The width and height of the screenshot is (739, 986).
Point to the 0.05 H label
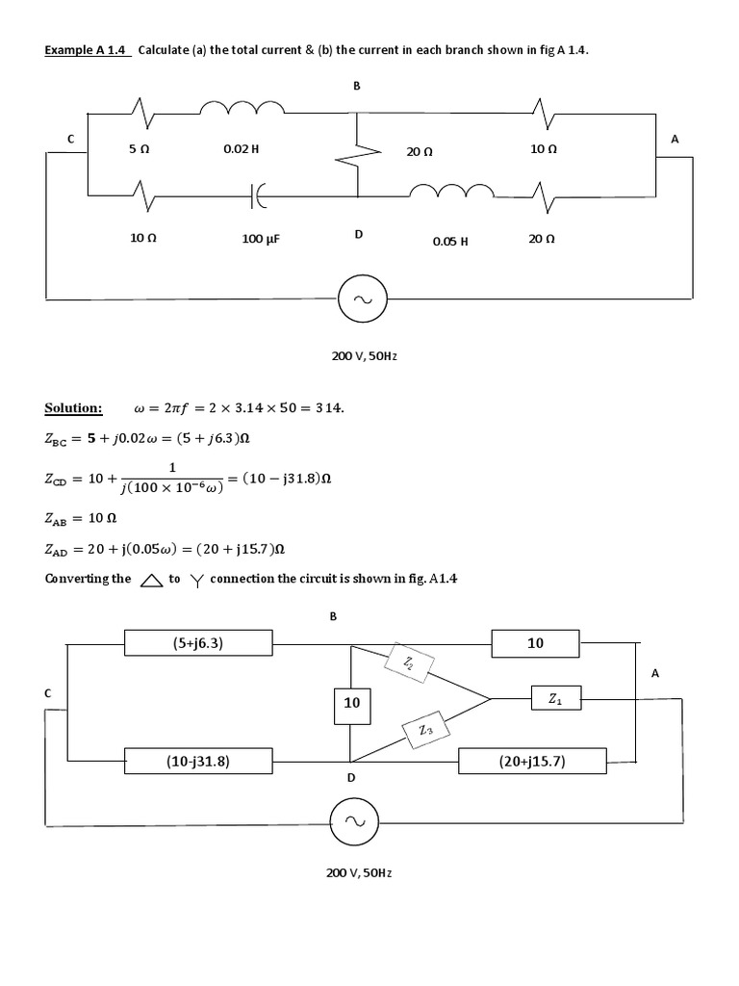[450, 242]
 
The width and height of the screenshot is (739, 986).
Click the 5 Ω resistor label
[140, 150]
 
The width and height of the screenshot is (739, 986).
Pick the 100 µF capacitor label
[261, 238]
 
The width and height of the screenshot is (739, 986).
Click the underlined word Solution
[73, 408]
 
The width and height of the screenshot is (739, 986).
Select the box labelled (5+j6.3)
[198, 642]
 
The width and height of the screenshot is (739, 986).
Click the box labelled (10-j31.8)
[198, 762]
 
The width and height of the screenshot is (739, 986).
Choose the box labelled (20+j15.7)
[532, 762]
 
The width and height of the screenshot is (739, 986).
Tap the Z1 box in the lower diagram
[555, 700]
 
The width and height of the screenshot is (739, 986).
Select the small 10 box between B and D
[351, 704]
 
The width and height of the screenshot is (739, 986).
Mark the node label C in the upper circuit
[70, 140]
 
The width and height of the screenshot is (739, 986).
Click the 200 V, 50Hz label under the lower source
[359, 872]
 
